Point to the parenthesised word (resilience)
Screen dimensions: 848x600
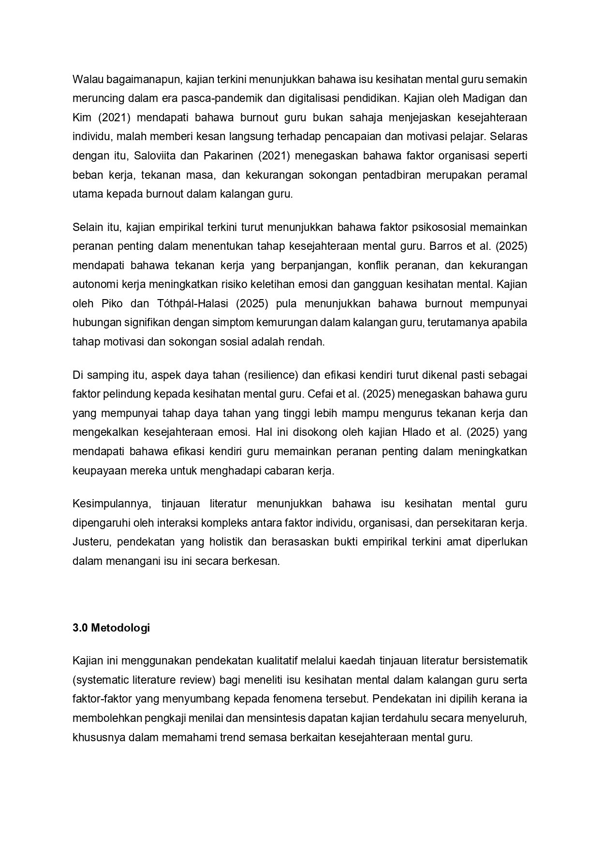click(x=270, y=375)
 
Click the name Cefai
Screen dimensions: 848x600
click(x=320, y=394)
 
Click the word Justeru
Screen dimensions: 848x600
click(x=91, y=542)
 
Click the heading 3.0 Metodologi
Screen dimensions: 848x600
click(x=111, y=628)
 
